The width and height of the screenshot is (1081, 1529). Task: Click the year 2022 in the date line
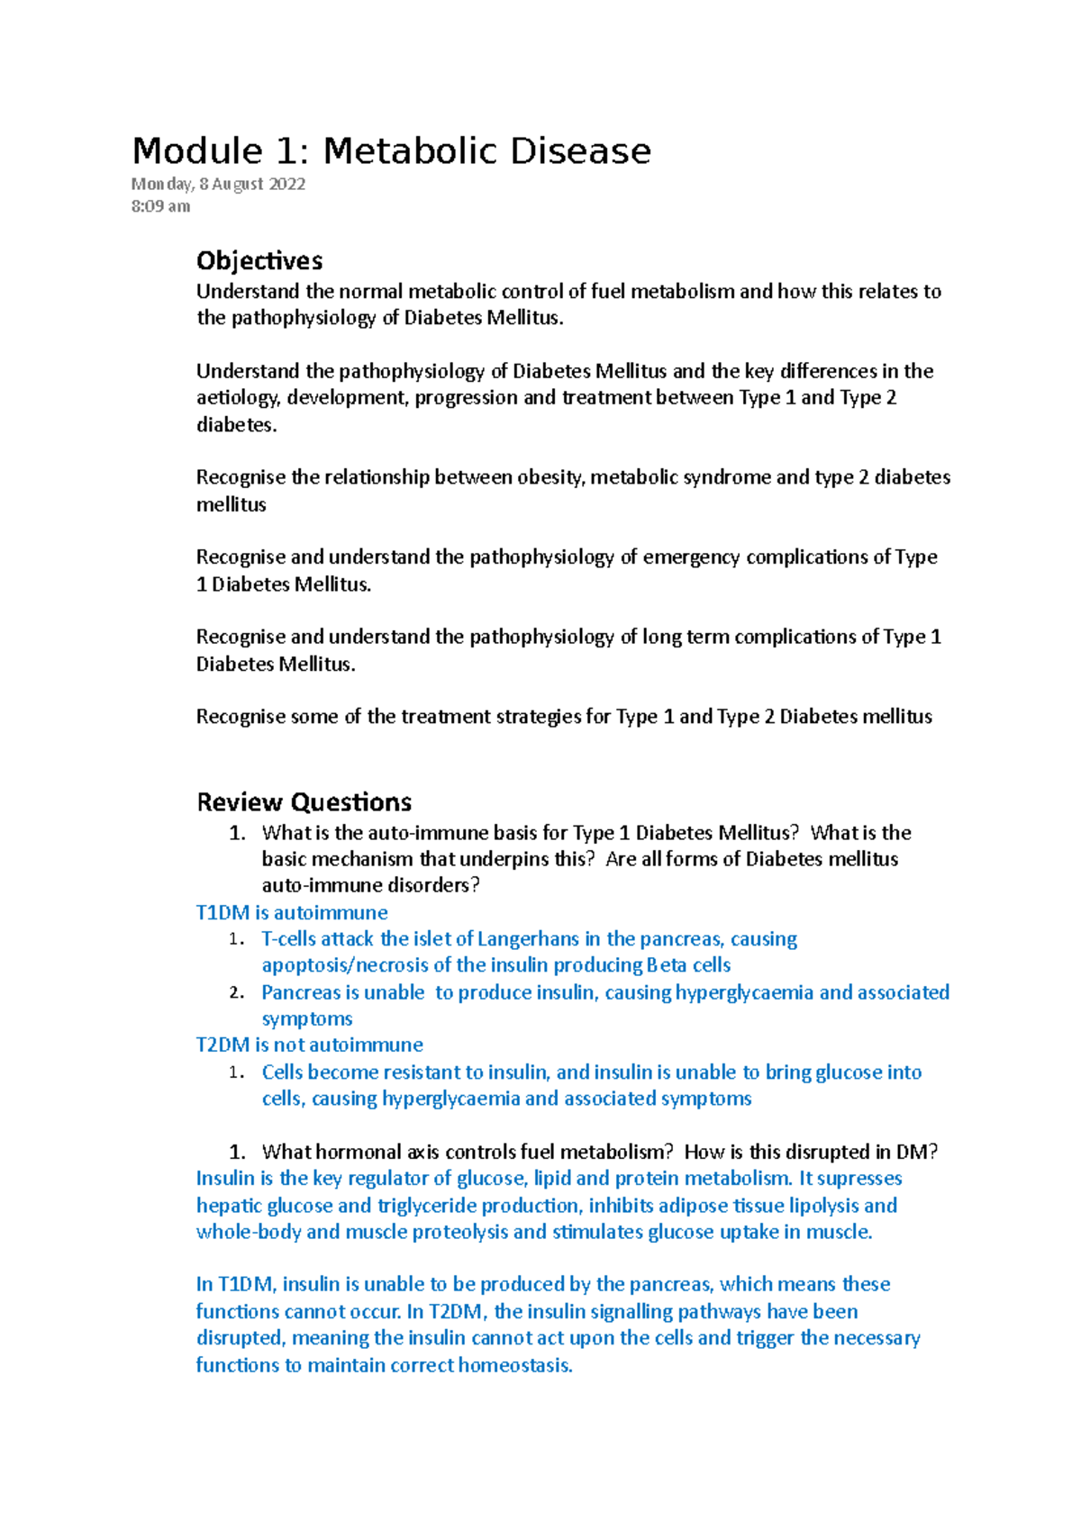[x=286, y=184]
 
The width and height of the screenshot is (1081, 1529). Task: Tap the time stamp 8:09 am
[x=160, y=206]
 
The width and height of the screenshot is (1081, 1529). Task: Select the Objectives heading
[x=259, y=261]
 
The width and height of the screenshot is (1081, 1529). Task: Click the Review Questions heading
[x=304, y=802]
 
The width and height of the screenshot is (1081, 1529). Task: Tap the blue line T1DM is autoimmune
[x=292, y=913]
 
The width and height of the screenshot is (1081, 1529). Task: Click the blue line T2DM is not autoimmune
[x=309, y=1045]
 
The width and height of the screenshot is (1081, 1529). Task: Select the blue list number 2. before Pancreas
[x=236, y=993]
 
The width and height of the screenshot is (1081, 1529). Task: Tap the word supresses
[x=859, y=1179]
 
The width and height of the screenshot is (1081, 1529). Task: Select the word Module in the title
[x=197, y=151]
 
